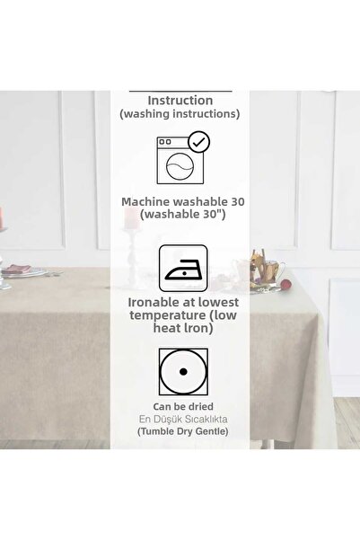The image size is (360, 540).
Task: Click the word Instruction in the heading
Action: (180, 101)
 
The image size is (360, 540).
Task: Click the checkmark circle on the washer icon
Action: (200, 141)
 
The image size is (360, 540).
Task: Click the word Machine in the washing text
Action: (147, 201)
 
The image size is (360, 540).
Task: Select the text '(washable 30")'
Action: (180, 217)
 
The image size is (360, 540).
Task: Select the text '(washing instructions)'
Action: (180, 116)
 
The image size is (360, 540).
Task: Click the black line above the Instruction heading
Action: (180, 90)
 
